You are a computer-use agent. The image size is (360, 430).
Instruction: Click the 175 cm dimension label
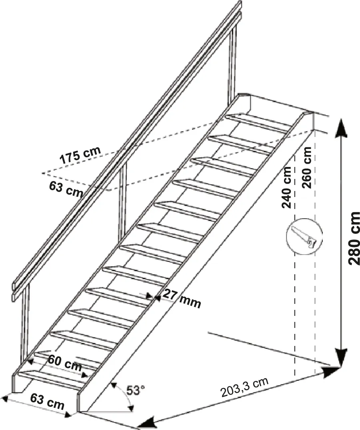80,155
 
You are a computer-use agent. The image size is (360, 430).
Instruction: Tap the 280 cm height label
354,238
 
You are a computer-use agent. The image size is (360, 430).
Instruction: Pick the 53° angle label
135,390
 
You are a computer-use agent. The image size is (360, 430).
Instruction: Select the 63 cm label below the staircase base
47,401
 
